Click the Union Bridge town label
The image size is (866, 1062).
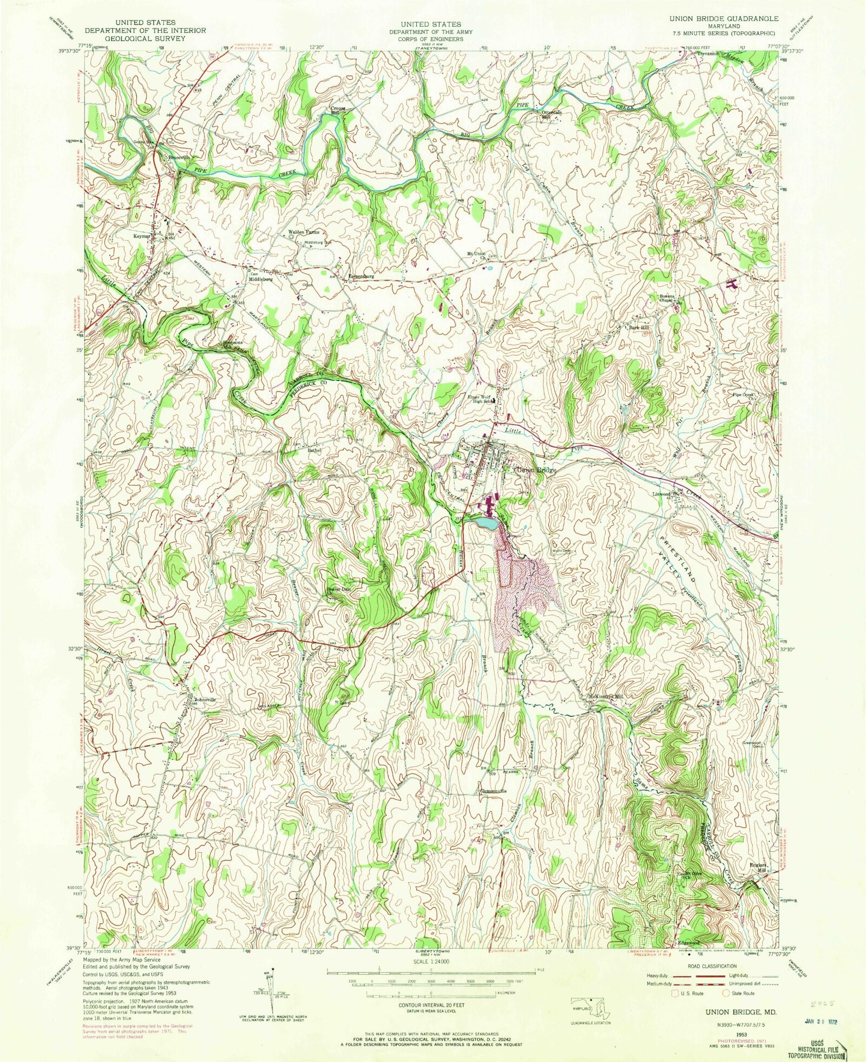(536, 470)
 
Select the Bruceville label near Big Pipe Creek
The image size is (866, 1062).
(179, 157)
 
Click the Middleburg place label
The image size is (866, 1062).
(261, 279)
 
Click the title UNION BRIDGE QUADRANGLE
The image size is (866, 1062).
(723, 18)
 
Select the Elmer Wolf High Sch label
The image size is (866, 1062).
(479, 399)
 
